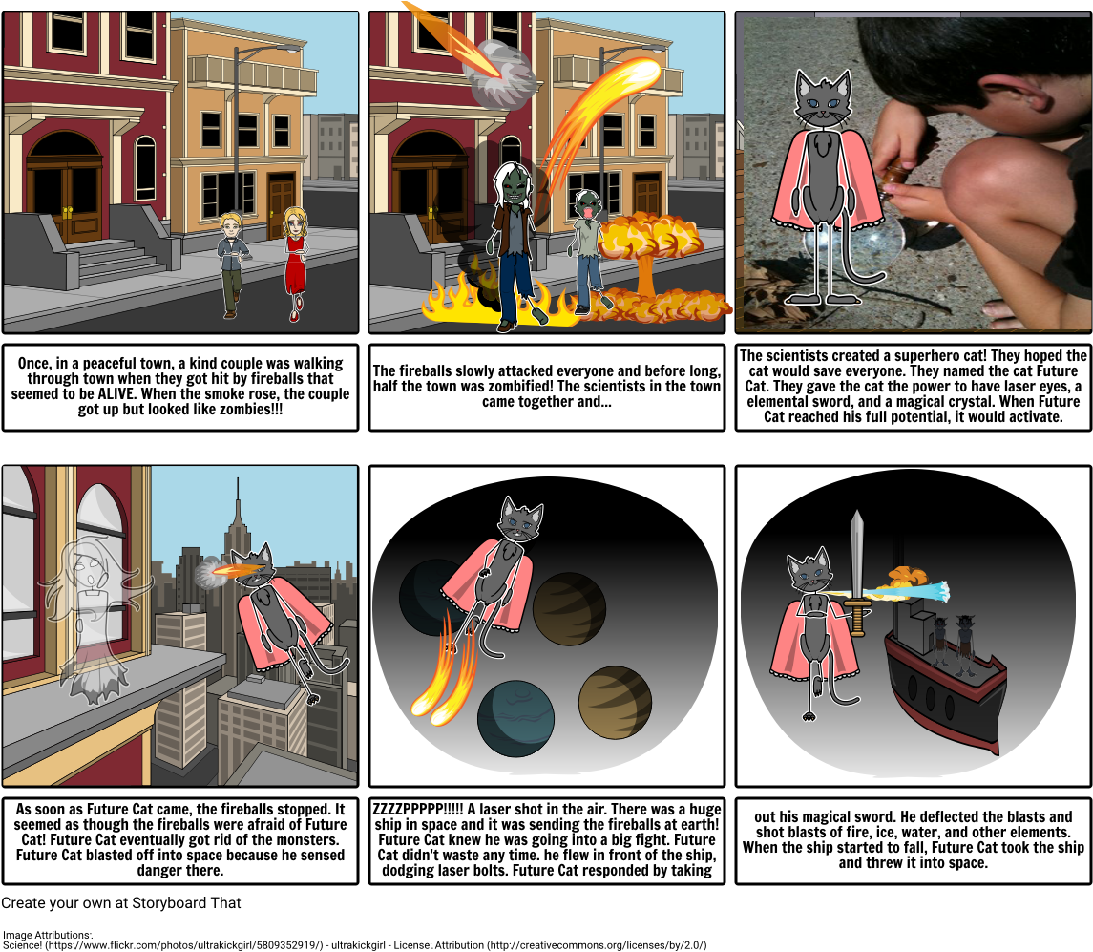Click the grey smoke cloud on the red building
click(x=501, y=74)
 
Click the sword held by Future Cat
click(x=856, y=573)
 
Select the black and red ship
click(x=944, y=690)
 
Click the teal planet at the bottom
click(x=515, y=719)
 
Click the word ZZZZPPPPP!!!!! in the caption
click(x=418, y=810)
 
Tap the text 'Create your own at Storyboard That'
click(x=121, y=903)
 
